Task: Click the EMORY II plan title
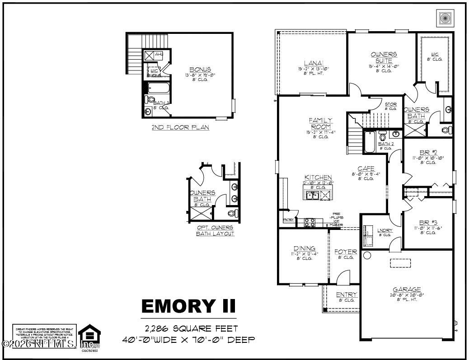tap(188, 306)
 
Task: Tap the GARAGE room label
tap(407, 290)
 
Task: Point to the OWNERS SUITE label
tap(384, 57)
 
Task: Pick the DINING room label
tap(305, 248)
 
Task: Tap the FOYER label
tap(346, 252)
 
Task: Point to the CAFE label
tap(366, 168)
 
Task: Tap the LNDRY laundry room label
tap(385, 230)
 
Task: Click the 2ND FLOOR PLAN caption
tap(180, 128)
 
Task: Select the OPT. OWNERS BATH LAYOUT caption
tap(215, 230)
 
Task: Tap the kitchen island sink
tap(313, 195)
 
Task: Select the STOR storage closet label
tap(390, 104)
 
